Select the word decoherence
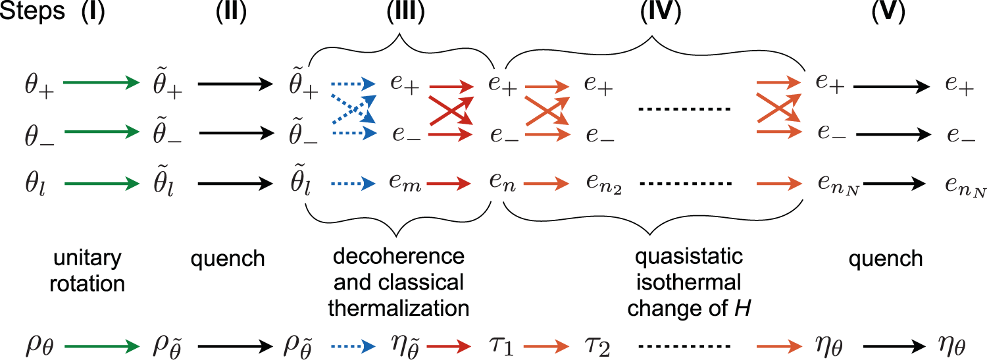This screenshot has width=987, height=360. [399, 257]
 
